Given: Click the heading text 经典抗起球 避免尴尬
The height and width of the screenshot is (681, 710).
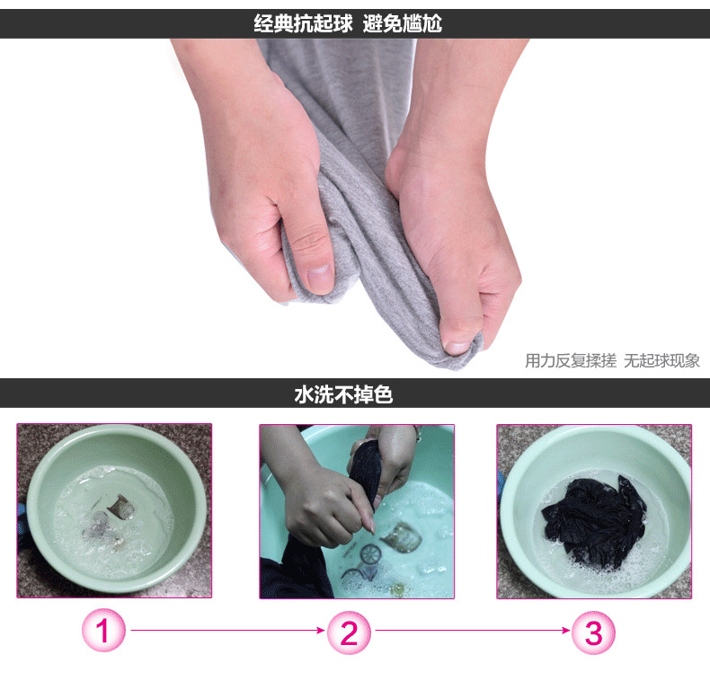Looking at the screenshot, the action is click(x=348, y=23).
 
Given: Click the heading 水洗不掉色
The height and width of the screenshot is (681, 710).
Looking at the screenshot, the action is click(x=343, y=394).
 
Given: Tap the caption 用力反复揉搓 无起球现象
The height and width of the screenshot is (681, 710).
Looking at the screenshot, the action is click(x=612, y=361).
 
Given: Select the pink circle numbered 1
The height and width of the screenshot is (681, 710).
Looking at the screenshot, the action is click(x=103, y=630).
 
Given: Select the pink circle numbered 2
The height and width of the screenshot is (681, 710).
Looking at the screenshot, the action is click(x=349, y=632).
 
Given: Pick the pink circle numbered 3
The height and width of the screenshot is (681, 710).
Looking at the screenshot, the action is click(x=593, y=632).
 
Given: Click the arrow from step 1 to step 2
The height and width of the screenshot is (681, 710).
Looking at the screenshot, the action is click(x=227, y=630).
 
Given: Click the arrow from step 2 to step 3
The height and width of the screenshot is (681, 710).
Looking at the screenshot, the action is click(x=472, y=630).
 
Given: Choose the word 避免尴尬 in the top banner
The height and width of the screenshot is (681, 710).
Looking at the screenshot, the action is click(x=402, y=23).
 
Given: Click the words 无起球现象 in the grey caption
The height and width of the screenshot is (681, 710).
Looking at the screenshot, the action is click(x=661, y=361).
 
